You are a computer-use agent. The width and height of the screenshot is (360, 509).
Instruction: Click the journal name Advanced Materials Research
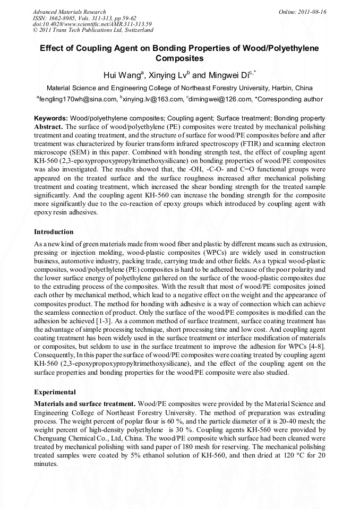click(x=69, y=12)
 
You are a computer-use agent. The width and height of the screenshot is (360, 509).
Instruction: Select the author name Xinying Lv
click(x=165, y=75)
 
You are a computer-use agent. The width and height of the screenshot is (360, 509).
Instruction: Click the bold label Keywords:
click(x=51, y=118)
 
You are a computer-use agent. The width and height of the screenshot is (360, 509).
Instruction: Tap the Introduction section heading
click(x=54, y=232)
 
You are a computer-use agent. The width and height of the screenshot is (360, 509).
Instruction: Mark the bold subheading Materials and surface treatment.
click(x=84, y=404)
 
